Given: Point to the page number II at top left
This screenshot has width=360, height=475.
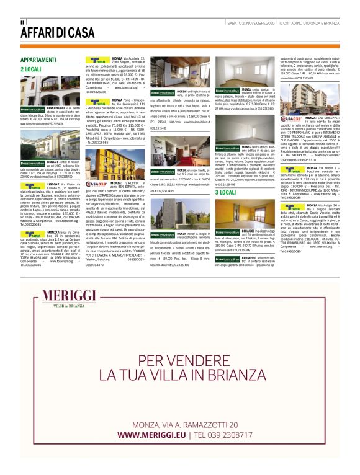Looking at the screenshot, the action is click(x=22, y=22).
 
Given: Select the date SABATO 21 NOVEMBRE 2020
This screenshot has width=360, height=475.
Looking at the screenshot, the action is click(x=251, y=23).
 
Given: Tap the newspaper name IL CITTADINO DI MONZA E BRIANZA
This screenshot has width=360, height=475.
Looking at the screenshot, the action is click(x=308, y=23).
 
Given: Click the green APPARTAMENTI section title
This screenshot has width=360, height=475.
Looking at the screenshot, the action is click(x=40, y=60).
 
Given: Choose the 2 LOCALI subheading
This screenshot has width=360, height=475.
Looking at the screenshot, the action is click(x=32, y=69).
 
